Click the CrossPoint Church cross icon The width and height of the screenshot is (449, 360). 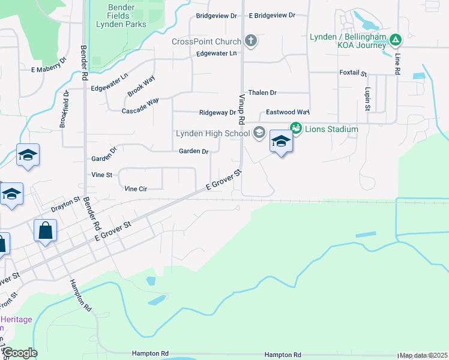251,41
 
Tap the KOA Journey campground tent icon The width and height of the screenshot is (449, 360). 395,41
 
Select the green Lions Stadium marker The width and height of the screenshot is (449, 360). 295,128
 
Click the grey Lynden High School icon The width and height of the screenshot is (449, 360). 259,133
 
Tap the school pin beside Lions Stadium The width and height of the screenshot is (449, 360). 280,142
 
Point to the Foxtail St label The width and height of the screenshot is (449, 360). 353,73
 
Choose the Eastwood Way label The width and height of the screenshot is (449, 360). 288,112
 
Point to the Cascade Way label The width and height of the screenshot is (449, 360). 140,106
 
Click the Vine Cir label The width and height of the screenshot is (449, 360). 136,188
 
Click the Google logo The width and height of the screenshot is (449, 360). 20,353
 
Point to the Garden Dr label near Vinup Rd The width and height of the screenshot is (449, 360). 193,151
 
